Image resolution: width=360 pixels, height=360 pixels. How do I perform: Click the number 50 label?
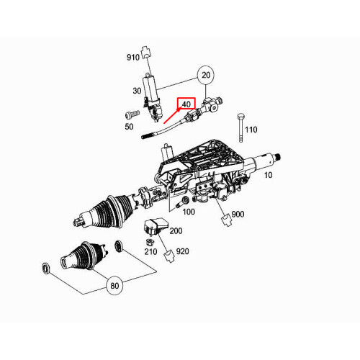coord(130,127)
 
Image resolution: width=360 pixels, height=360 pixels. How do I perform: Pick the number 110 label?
coord(251,130)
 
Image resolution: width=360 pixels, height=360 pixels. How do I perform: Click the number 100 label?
coord(189,211)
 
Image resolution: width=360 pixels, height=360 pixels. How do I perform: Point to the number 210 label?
coord(150,251)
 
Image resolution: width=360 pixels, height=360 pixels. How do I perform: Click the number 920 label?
coord(182,251)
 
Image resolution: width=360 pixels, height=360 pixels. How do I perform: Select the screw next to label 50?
coord(130,114)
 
